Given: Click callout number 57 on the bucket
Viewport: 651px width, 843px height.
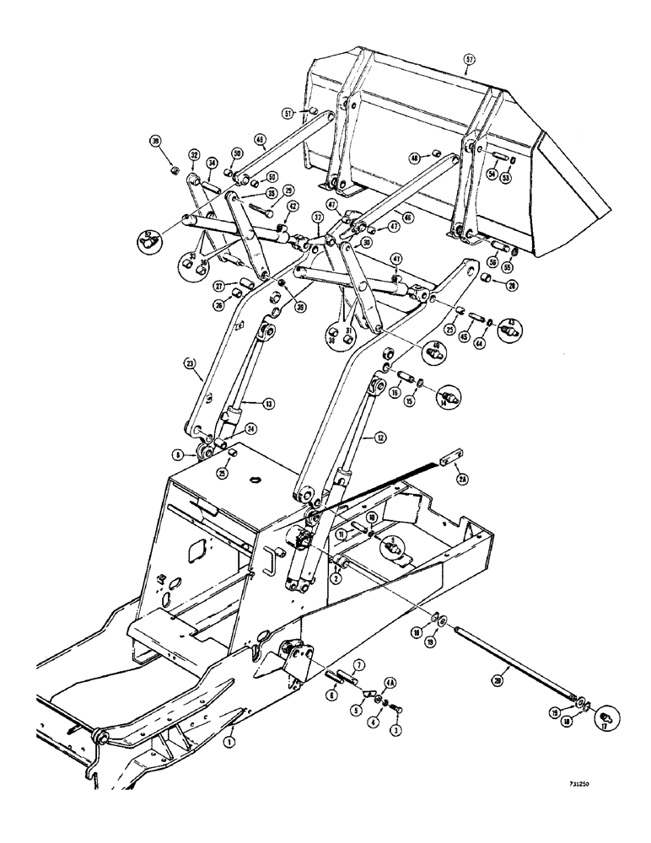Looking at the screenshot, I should tap(470, 60).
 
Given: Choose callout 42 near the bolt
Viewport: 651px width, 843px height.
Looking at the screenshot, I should tap(292, 206).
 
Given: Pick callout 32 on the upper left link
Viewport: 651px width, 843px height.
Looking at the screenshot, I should tap(194, 155).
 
